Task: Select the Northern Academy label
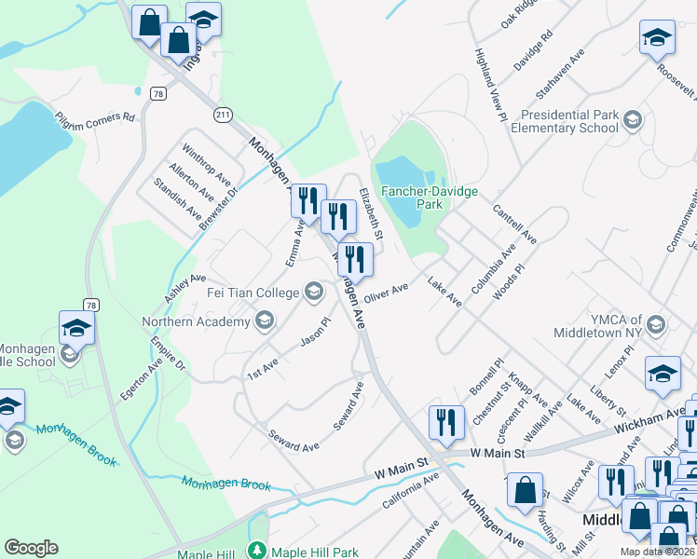tap(196, 322)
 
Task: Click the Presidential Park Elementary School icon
tap(634, 120)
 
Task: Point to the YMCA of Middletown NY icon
tap(656, 325)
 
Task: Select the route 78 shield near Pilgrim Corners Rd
tap(159, 93)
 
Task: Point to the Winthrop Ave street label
tap(207, 163)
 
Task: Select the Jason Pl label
tap(315, 332)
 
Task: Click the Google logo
tap(31, 548)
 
